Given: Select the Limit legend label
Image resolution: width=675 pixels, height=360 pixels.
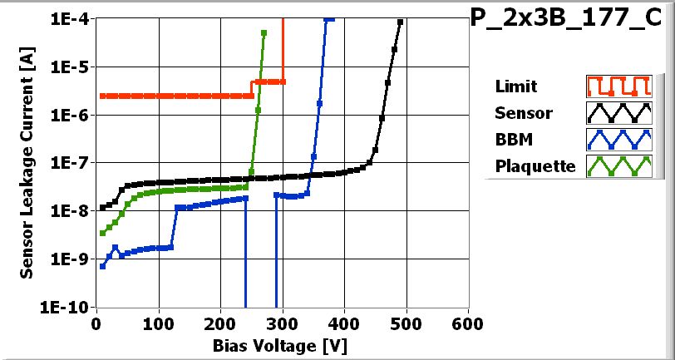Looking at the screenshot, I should pos(515,86).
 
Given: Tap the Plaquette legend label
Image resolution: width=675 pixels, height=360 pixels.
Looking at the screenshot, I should pos(535,165).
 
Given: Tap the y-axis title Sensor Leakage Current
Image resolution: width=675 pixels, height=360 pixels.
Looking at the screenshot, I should pos(27,163).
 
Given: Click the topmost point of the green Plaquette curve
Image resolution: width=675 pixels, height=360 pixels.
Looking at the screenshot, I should pos(264,33).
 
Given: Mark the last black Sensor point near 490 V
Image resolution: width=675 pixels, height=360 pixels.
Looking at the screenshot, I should pos(401,22).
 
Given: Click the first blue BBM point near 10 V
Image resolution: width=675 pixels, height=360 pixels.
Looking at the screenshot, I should pos(102,266).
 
